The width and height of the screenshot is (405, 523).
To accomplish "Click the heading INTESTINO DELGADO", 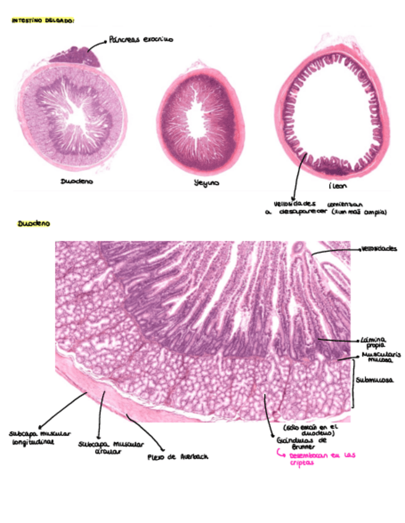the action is coord(43,21).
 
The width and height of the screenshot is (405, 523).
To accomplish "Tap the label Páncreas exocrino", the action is coord(141,39).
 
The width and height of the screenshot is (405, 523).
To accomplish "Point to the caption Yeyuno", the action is coord(206,183).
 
